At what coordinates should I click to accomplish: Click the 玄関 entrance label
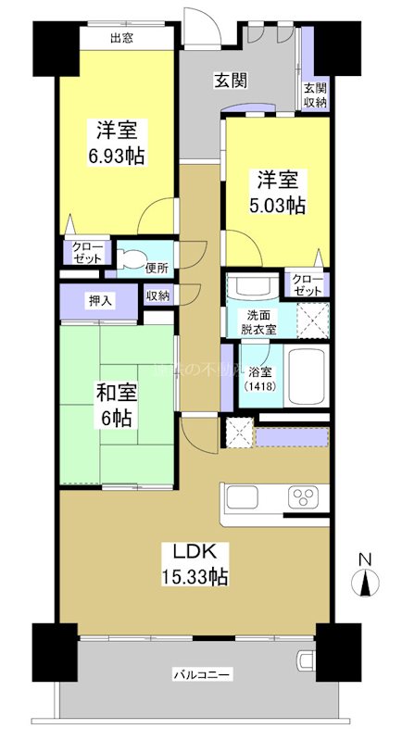pyautogui.click(x=231, y=81)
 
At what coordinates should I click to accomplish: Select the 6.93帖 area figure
pyautogui.click(x=116, y=156)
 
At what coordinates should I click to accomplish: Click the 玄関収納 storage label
pyautogui.click(x=315, y=95)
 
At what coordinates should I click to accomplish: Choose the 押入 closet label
pyautogui.click(x=100, y=299)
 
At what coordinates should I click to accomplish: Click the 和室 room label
pyautogui.click(x=116, y=394)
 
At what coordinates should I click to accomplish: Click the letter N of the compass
pyautogui.click(x=365, y=560)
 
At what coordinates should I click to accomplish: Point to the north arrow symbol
pyautogui.click(x=365, y=583)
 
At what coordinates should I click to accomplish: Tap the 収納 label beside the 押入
pyautogui.click(x=157, y=296)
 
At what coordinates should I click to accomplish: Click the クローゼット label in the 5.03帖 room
pyautogui.click(x=306, y=284)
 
